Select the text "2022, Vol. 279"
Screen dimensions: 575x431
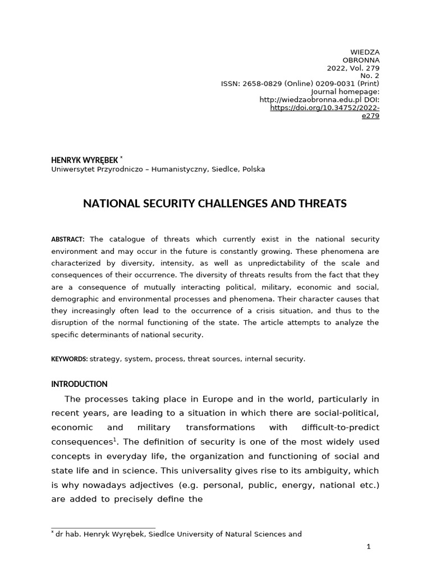tap(353, 68)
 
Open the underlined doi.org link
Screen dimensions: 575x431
tap(325, 107)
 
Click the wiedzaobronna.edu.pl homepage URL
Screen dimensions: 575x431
tap(303, 99)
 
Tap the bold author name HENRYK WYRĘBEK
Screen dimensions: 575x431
tap(84, 161)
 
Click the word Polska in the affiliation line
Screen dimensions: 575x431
tap(254, 169)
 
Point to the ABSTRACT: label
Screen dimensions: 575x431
tap(68, 240)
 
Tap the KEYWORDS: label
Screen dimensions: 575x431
tap(70, 359)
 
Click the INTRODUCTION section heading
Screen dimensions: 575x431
tap(79, 384)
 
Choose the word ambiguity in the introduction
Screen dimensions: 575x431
tap(312, 471)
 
